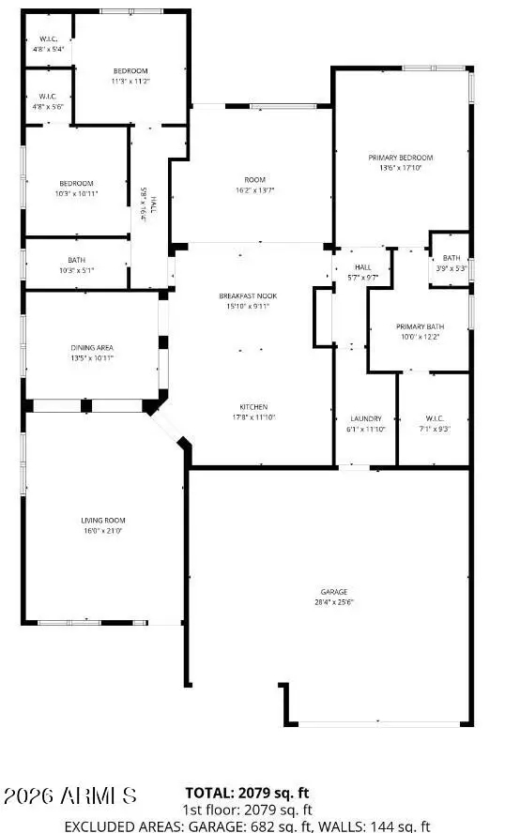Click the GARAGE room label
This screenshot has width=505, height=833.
(333, 591)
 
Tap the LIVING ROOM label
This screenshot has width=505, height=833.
(103, 520)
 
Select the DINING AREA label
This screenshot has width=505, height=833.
(92, 347)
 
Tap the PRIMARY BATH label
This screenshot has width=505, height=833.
(420, 326)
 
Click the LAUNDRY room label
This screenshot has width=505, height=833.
(364, 418)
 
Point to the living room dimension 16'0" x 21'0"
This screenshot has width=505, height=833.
(103, 531)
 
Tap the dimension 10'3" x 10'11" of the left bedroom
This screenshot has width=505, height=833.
(77, 193)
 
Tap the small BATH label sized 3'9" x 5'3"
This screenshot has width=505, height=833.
(451, 258)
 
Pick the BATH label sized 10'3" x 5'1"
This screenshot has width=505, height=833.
(77, 260)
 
